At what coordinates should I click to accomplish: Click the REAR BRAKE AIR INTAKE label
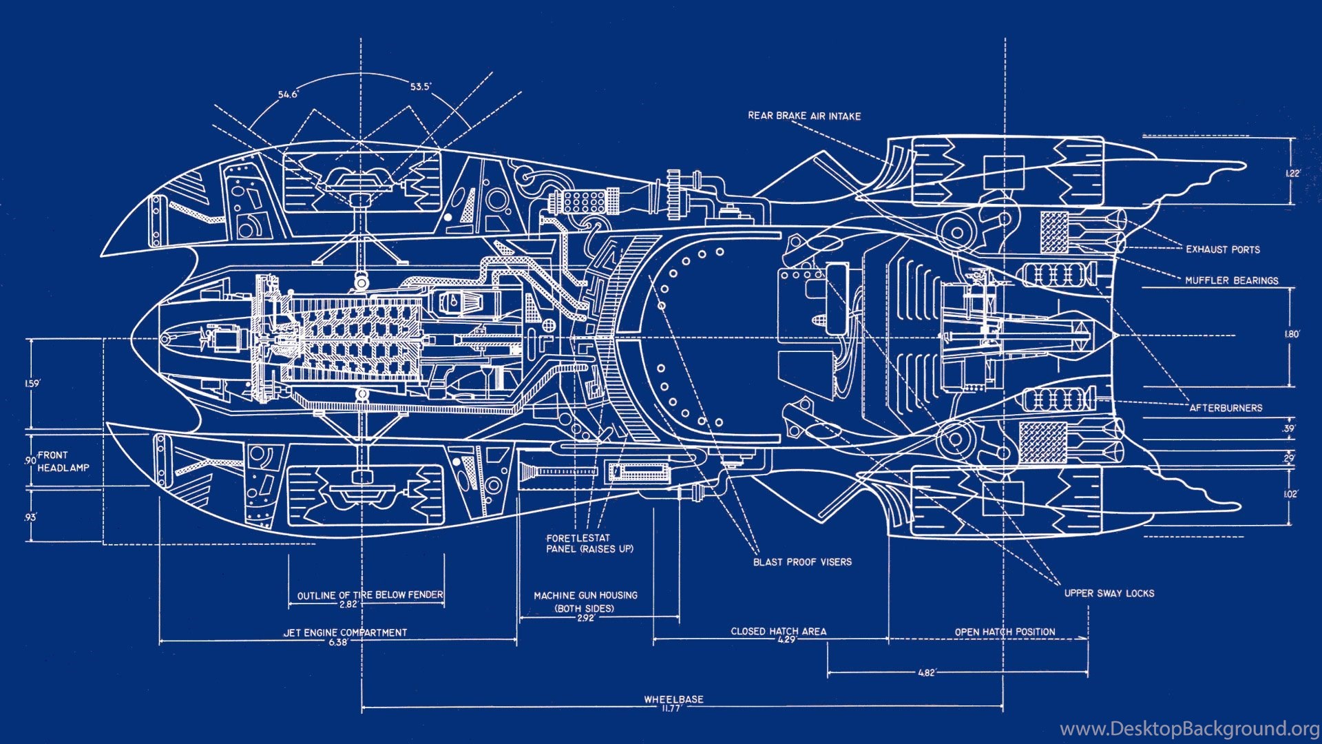tap(804, 116)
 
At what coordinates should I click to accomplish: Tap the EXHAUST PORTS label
tap(1222, 249)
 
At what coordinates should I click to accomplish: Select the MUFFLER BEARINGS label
tap(1231, 280)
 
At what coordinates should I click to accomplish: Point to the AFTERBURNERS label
tap(1226, 408)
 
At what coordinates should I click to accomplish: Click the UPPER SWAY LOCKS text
tap(1109, 593)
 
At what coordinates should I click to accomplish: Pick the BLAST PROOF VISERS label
tap(802, 562)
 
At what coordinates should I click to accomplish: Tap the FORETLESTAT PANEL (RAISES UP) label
tap(589, 544)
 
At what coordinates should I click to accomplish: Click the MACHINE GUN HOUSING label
tap(585, 595)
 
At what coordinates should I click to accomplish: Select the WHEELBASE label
tap(673, 699)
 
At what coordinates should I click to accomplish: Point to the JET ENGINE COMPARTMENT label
tap(345, 632)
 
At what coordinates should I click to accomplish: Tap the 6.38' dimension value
tap(338, 642)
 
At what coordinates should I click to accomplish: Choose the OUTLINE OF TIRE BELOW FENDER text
tap(370, 595)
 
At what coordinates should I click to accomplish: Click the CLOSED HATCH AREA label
tap(778, 631)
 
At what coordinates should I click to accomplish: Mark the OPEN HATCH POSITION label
tap(1005, 632)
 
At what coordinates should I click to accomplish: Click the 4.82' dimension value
tap(927, 672)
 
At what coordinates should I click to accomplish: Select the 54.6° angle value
tap(288, 94)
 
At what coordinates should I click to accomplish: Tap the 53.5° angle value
tap(421, 87)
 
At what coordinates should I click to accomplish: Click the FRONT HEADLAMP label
tap(63, 462)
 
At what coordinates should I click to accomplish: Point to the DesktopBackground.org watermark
tap(1189, 729)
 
